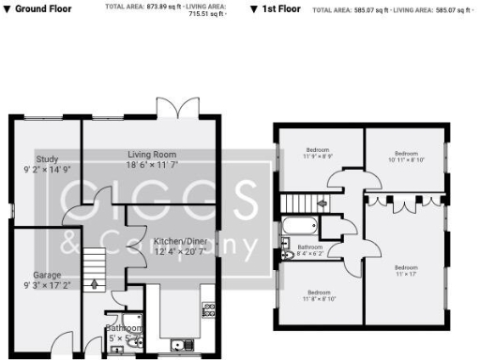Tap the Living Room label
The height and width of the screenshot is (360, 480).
pyautogui.click(x=152, y=154)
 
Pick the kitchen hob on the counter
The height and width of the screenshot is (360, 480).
pyautogui.click(x=209, y=308)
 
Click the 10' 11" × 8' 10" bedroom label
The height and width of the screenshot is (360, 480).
pyautogui.click(x=405, y=154)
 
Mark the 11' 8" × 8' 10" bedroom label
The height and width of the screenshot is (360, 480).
pyautogui.click(x=320, y=292)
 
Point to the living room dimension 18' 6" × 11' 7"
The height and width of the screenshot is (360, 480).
pyautogui.click(x=153, y=164)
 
